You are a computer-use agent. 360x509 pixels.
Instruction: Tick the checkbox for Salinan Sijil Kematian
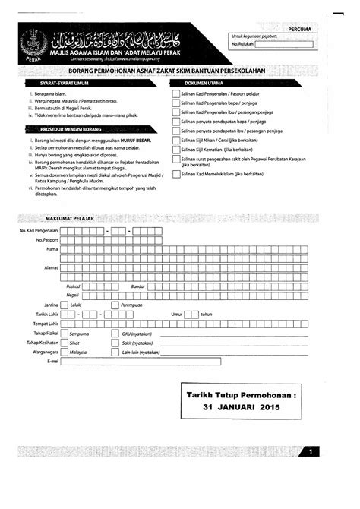click(x=176, y=150)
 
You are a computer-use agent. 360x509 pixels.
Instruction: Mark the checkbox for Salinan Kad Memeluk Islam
click(x=176, y=174)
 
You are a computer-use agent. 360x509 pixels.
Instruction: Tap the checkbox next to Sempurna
click(x=64, y=333)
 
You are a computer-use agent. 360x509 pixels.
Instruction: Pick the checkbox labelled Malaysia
click(x=64, y=352)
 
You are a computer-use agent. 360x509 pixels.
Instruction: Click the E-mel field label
click(x=52, y=362)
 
